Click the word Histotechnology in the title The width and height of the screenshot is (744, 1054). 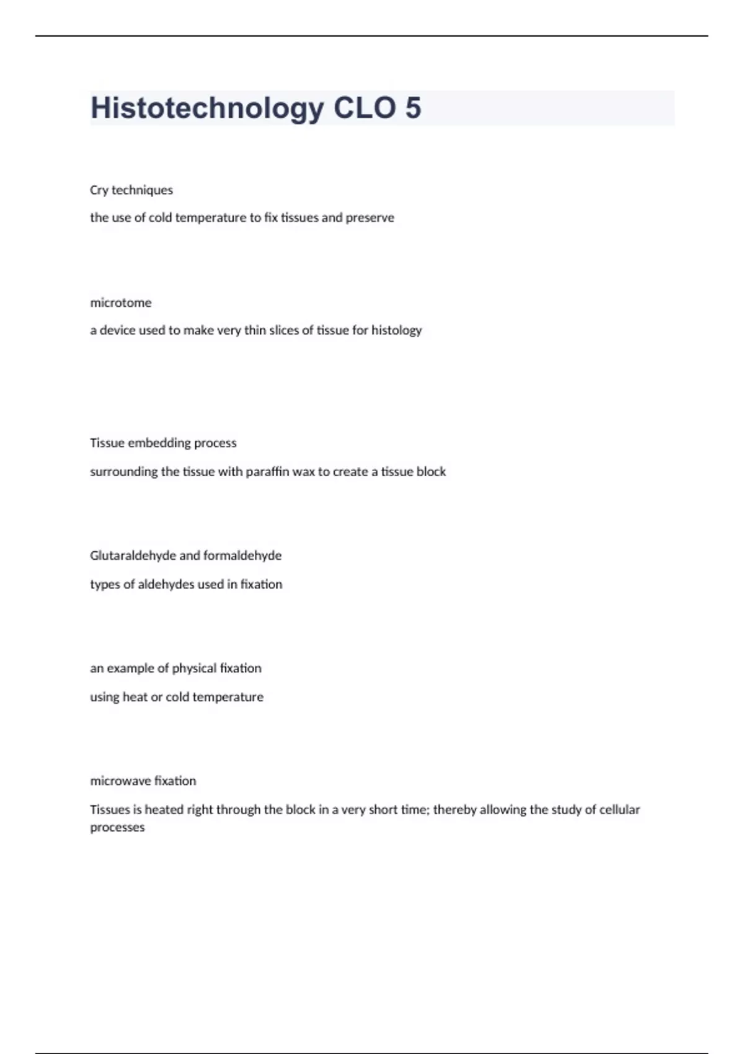pyautogui.click(x=207, y=108)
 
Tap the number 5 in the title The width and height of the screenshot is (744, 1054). pyautogui.click(x=413, y=108)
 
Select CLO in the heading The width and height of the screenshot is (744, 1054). pyautogui.click(x=365, y=108)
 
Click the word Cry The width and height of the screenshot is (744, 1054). pyautogui.click(x=99, y=190)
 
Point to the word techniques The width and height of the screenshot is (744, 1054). pyautogui.click(x=142, y=190)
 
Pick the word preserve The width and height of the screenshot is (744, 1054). pyautogui.click(x=370, y=218)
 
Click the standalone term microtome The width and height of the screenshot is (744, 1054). pyautogui.click(x=121, y=303)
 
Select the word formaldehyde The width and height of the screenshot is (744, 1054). pyautogui.click(x=242, y=556)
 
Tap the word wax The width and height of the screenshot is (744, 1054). pyautogui.click(x=304, y=472)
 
